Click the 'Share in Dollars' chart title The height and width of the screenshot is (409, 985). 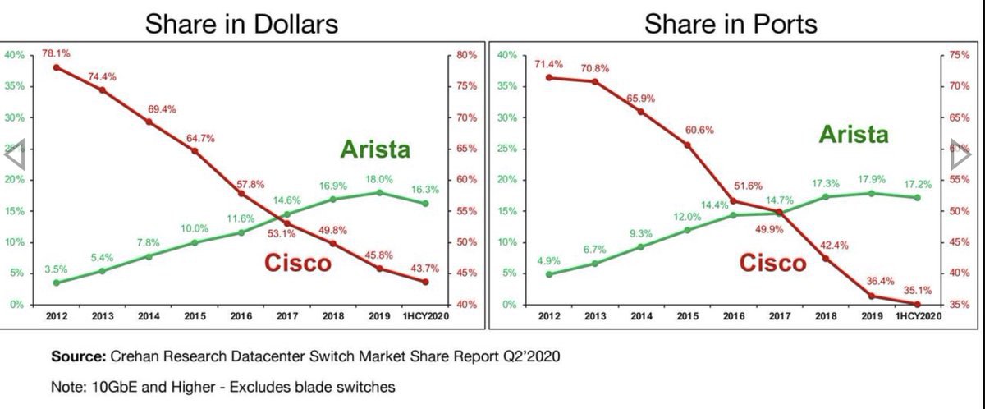(241, 24)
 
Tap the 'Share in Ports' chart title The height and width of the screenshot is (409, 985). (731, 24)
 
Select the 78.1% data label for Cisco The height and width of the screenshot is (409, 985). (56, 53)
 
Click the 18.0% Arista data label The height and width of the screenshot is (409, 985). (379, 179)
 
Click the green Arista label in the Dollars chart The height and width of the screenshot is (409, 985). (374, 150)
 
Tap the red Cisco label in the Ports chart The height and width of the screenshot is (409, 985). (772, 263)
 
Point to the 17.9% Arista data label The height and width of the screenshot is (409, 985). (870, 180)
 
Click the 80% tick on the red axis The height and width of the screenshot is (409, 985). (466, 56)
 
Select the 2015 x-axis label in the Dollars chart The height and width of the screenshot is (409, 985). (195, 315)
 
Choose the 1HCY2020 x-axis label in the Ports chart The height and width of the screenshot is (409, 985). (915, 315)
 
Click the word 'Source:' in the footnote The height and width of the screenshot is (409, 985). (78, 357)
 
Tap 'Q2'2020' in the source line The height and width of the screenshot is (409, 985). (534, 357)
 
